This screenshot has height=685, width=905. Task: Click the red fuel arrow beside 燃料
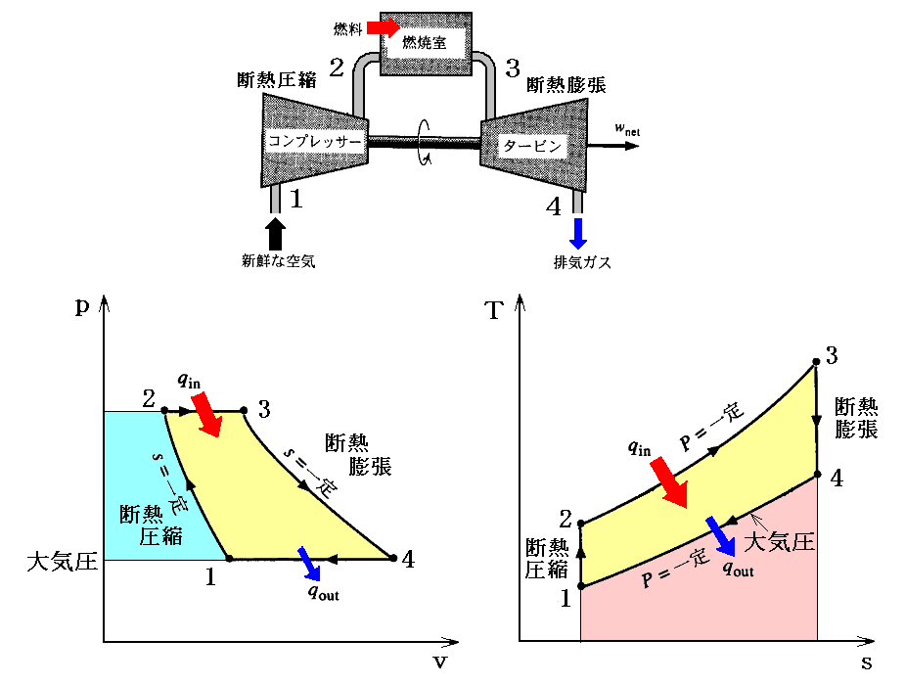click(x=385, y=26)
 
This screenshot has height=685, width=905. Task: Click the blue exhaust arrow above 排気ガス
click(x=578, y=233)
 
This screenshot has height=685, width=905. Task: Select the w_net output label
click(x=626, y=127)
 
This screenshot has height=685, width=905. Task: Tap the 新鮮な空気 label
click(x=279, y=261)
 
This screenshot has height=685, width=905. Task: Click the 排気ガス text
click(x=582, y=261)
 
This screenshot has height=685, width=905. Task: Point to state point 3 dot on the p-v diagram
click(x=242, y=411)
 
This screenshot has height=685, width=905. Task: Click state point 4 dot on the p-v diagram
click(x=392, y=559)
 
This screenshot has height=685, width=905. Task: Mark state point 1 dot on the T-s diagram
click(x=581, y=587)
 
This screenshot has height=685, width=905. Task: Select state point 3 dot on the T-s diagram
click(x=815, y=365)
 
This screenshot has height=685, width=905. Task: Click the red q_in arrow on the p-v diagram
click(x=207, y=412)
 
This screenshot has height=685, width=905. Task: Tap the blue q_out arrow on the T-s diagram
click(x=721, y=534)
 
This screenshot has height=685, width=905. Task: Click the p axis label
click(x=82, y=304)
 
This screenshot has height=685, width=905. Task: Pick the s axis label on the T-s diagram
click(x=866, y=662)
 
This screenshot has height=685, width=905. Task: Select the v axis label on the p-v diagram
click(x=439, y=662)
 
